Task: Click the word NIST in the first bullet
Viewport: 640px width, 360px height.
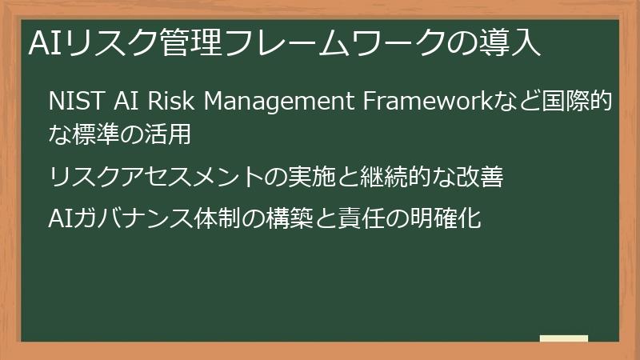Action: click(x=70, y=103)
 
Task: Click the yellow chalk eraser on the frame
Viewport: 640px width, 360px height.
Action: click(x=564, y=339)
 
